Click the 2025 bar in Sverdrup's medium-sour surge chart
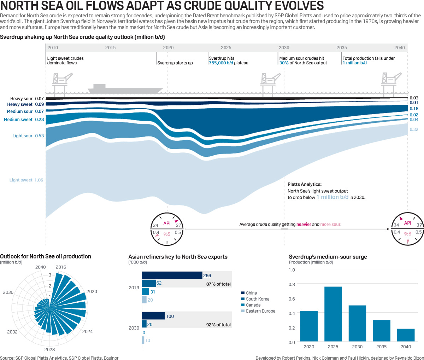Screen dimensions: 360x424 [x=333, y=314]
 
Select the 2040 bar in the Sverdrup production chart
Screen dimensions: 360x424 [x=406, y=335]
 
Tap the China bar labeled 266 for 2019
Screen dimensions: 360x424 [x=172, y=275]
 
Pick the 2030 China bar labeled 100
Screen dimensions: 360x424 [x=153, y=316]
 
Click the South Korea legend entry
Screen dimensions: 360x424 [x=258, y=299]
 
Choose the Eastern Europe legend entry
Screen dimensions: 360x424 [x=260, y=311]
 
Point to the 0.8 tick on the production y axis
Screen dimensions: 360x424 [x=291, y=284]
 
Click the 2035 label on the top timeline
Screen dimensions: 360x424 [x=342, y=48]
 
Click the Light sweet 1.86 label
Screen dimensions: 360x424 [x=26, y=180]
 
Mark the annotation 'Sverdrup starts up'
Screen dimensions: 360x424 [x=175, y=63]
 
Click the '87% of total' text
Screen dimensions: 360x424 [x=218, y=284]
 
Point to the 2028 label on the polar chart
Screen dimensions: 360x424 [x=49, y=350]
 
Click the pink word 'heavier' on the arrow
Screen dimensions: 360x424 [x=304, y=224]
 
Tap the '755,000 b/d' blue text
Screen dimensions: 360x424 [x=221, y=63]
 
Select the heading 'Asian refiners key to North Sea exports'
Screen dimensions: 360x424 [x=178, y=257]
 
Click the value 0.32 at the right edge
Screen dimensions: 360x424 [x=414, y=129]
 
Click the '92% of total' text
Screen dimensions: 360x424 [x=218, y=325]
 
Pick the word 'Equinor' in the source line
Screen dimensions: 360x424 [x=111, y=358]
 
